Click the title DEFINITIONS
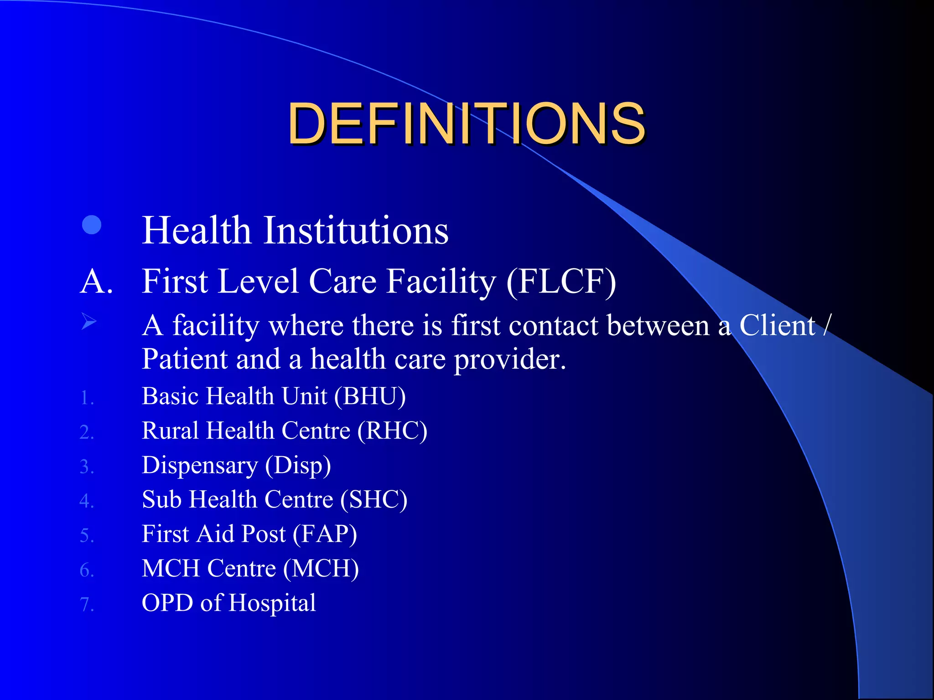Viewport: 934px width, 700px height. (x=466, y=124)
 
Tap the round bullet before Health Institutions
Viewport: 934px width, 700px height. (x=92, y=225)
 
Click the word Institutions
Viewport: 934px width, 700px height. (x=356, y=231)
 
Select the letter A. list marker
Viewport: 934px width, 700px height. (x=96, y=281)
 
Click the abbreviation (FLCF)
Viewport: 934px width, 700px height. (x=561, y=282)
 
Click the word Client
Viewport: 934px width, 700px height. (x=777, y=326)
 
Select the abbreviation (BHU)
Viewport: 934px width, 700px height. (x=370, y=396)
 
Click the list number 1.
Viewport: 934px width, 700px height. (x=87, y=398)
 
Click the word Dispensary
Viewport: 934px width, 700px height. (x=200, y=466)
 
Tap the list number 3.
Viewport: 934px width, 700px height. (x=87, y=467)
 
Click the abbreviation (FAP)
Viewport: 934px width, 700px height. (x=325, y=534)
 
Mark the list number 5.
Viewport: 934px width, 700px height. (x=87, y=536)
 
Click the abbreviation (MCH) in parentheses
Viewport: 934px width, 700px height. (x=321, y=569)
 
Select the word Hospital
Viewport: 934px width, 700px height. (x=272, y=603)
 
